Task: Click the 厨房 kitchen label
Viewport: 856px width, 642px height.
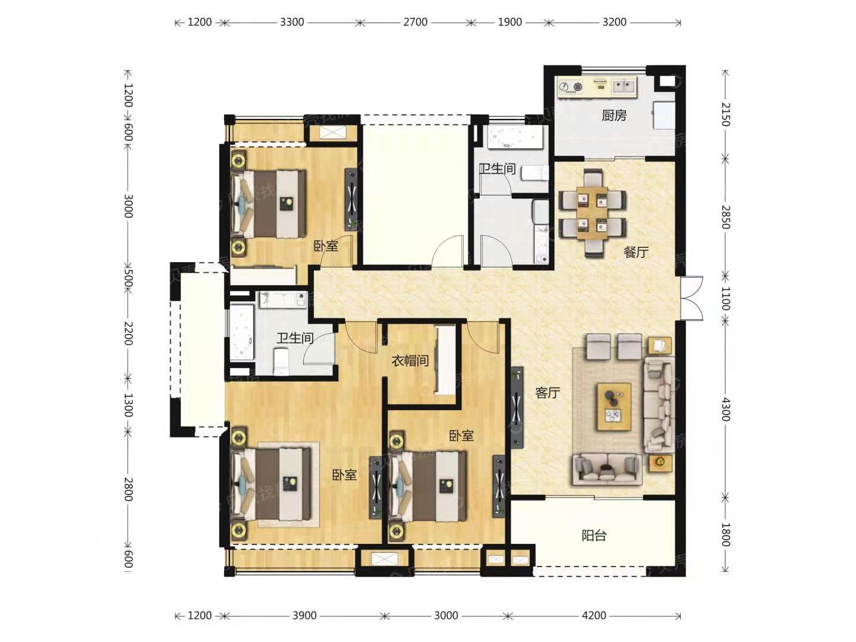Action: click(614, 115)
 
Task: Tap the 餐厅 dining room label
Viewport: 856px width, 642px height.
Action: click(636, 252)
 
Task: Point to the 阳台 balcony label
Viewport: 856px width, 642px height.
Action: click(594, 536)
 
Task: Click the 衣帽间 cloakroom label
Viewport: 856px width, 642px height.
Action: click(410, 361)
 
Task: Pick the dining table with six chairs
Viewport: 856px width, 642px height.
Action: click(593, 213)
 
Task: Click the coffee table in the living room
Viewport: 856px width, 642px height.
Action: click(614, 407)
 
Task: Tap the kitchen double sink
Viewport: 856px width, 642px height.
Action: click(624, 87)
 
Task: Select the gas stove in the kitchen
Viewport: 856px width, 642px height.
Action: click(571, 87)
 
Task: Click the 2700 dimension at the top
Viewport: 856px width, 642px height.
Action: click(416, 22)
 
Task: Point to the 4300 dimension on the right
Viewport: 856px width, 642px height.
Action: click(725, 410)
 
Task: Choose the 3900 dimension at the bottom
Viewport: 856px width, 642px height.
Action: click(304, 615)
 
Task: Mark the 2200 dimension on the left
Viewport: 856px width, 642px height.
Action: click(128, 333)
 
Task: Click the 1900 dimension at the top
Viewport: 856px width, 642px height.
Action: click(509, 22)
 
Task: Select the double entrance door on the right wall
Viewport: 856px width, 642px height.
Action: click(691, 298)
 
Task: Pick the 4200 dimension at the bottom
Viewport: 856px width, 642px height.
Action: click(594, 615)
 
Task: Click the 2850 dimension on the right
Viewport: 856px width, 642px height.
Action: click(725, 217)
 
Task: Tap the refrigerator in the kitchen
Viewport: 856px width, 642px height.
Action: click(665, 115)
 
